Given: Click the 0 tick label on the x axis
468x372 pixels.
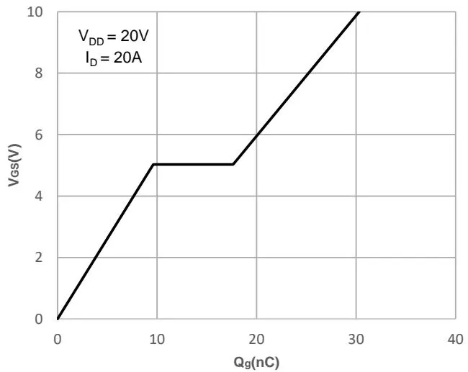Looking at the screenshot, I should click(58, 339).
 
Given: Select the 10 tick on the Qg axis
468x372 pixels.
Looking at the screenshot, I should click(157, 339).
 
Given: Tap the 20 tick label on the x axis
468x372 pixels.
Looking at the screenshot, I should click(256, 339).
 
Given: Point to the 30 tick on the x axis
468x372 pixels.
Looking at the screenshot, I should click(356, 339).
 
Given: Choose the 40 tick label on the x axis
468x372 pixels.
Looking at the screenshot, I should click(455, 339).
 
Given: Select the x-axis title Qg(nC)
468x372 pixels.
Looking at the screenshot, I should click(256, 361).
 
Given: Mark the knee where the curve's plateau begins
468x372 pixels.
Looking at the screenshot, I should click(153, 164).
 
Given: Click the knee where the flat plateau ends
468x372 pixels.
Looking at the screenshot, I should click(233, 164).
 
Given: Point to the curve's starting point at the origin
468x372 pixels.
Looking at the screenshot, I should click(58, 319).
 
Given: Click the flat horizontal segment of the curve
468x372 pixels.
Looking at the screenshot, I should click(193, 164).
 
